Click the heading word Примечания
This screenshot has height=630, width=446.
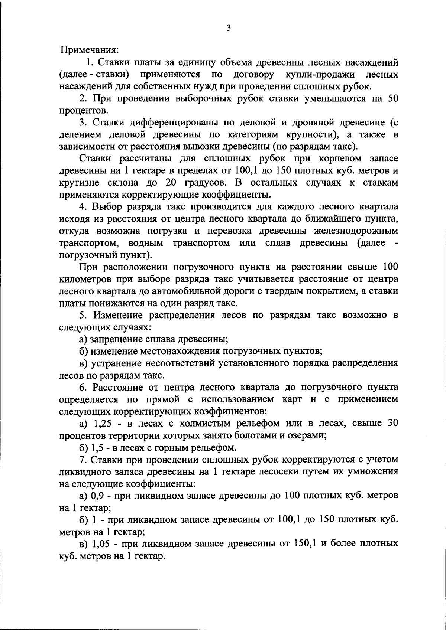point(89,49)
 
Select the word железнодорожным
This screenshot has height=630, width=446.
point(356,231)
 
